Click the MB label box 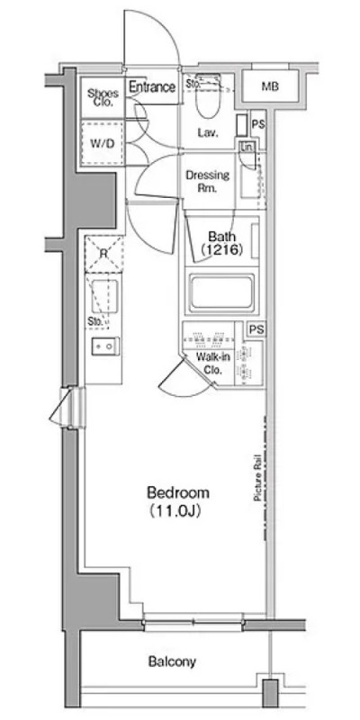(267, 86)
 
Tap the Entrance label (150, 87)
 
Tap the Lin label (247, 148)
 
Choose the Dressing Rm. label (207, 181)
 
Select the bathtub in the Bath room (221, 292)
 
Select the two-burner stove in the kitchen (103, 346)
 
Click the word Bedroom (177, 492)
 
